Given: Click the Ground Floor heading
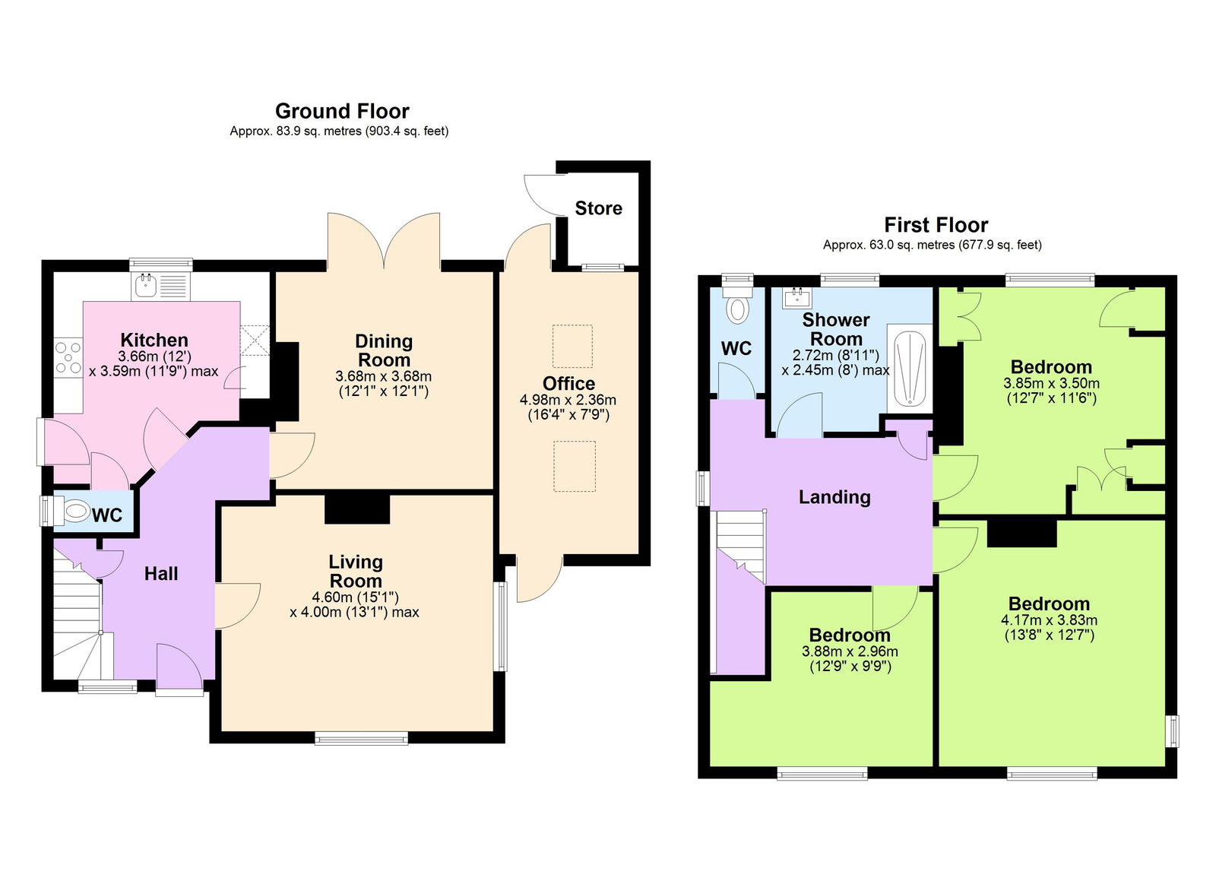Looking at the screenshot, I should pyautogui.click(x=342, y=111).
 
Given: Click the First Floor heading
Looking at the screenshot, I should pyautogui.click(x=936, y=225).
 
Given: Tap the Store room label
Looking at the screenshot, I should pyautogui.click(x=598, y=208).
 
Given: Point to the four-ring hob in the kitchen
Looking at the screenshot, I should pyautogui.click(x=68, y=357).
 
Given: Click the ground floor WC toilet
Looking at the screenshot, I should pyautogui.click(x=75, y=512).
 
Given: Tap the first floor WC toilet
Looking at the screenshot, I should pyautogui.click(x=737, y=308).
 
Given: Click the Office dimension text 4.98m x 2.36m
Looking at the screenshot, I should pyautogui.click(x=568, y=400).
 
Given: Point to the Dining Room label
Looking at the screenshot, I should pyautogui.click(x=384, y=350).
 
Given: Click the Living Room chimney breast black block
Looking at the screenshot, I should pyautogui.click(x=357, y=509).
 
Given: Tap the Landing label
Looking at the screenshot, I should pyautogui.click(x=834, y=497).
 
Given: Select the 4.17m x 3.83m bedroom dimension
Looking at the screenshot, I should pyautogui.click(x=1049, y=620).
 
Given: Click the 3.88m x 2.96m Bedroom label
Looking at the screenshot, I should pyautogui.click(x=850, y=635).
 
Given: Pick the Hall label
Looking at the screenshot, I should pyautogui.click(x=161, y=574).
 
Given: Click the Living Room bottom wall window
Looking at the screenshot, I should pyautogui.click(x=361, y=737).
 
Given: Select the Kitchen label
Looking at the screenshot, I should pyautogui.click(x=154, y=340).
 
